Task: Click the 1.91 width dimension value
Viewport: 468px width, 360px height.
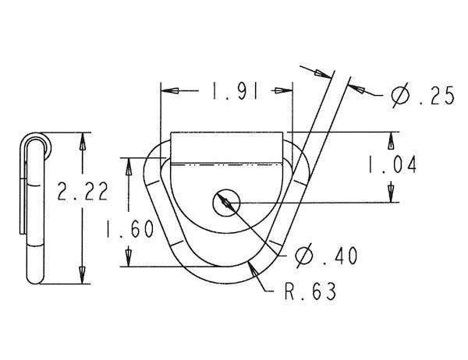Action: point(225,91)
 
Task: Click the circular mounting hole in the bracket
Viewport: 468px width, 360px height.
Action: point(225,203)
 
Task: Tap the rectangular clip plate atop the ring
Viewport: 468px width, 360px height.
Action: point(225,147)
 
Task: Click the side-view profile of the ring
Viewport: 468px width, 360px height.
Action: point(33,210)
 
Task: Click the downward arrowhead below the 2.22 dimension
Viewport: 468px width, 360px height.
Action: point(82,276)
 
